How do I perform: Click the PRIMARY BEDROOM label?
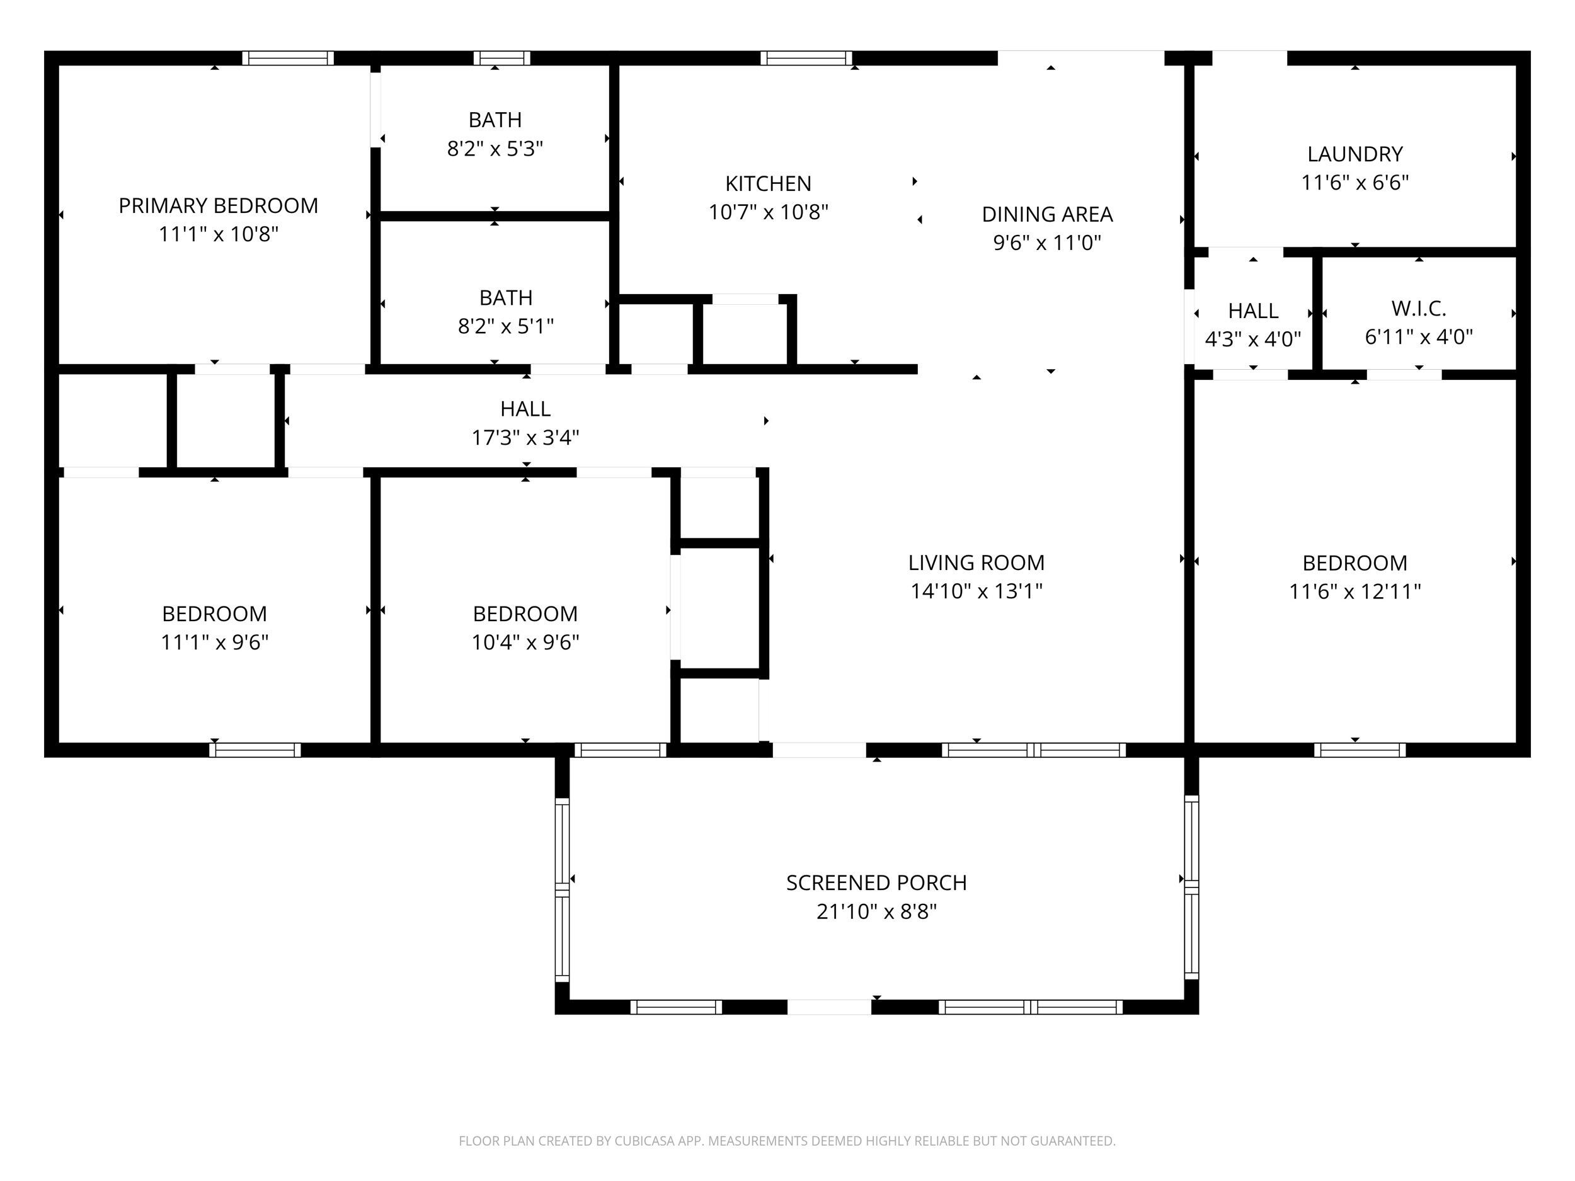(x=218, y=206)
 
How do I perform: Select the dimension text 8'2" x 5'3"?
(x=495, y=149)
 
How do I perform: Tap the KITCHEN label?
(x=767, y=184)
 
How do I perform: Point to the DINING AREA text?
(x=1046, y=214)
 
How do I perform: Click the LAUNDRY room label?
(x=1354, y=154)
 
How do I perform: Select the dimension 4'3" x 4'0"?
(x=1252, y=339)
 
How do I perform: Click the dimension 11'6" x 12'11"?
(x=1354, y=591)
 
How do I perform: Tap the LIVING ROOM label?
(x=976, y=563)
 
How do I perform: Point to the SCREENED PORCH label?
(x=876, y=882)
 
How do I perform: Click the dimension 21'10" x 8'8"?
(x=876, y=912)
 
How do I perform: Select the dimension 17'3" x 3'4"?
(x=525, y=437)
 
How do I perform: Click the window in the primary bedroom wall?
(x=288, y=59)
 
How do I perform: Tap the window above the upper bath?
(x=502, y=59)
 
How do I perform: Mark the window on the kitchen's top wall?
(x=806, y=59)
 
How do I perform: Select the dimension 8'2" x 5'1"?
(x=505, y=326)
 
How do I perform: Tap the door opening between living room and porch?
(x=819, y=750)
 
